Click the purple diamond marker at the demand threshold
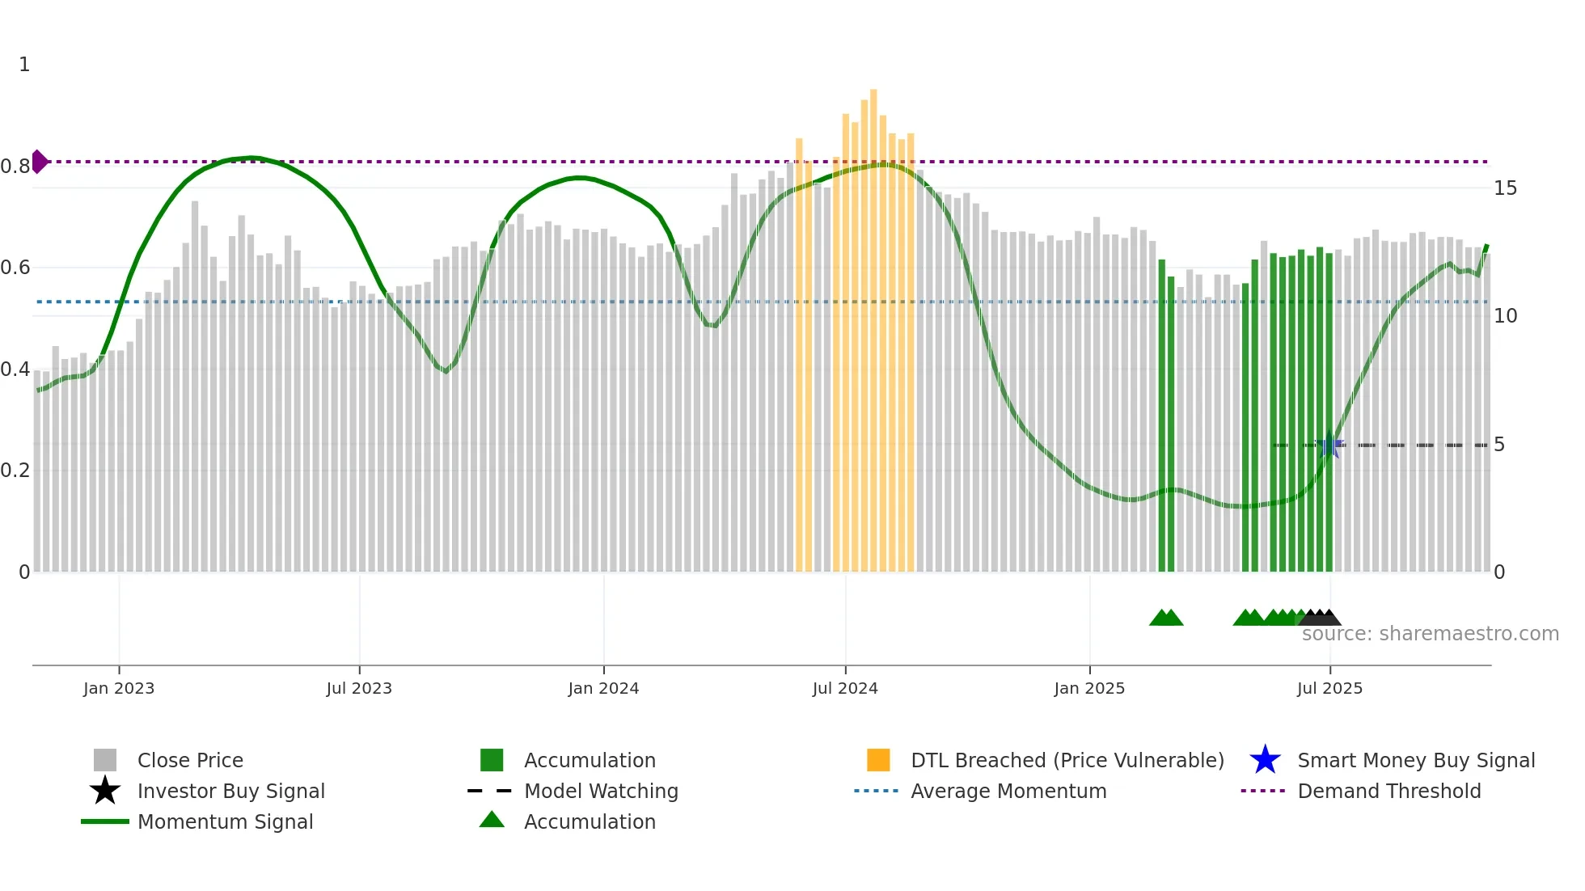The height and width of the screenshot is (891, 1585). pyautogui.click(x=39, y=162)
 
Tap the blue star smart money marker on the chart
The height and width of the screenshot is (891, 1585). pyautogui.click(x=1329, y=444)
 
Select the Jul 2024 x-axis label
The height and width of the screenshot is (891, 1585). pyautogui.click(x=845, y=688)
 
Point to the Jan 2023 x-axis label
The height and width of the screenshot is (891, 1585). pyautogui.click(x=119, y=688)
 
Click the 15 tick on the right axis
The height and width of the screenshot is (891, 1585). pyautogui.click(x=1505, y=188)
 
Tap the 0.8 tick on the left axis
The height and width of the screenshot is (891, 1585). pyautogui.click(x=15, y=167)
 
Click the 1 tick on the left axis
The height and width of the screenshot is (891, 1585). pyautogui.click(x=24, y=65)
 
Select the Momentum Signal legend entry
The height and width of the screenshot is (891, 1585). pyautogui.click(x=225, y=821)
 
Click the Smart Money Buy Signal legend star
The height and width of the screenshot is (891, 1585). pyautogui.click(x=1265, y=760)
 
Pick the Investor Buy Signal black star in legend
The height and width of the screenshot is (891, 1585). pyautogui.click(x=105, y=791)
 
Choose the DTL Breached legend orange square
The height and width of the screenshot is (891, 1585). pyautogui.click(x=878, y=760)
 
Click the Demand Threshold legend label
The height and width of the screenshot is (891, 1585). pyautogui.click(x=1388, y=791)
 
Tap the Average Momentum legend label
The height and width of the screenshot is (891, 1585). pyautogui.click(x=1008, y=791)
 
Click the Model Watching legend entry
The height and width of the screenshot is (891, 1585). pyautogui.click(x=601, y=791)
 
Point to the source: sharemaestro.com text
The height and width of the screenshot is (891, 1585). pyautogui.click(x=1430, y=634)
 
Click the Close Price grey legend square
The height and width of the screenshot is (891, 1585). pyautogui.click(x=105, y=760)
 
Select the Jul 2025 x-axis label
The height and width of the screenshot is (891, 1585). pyautogui.click(x=1329, y=688)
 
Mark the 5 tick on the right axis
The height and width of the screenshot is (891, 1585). pyautogui.click(x=1499, y=445)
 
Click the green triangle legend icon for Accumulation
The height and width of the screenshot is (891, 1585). pyautogui.click(x=492, y=820)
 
